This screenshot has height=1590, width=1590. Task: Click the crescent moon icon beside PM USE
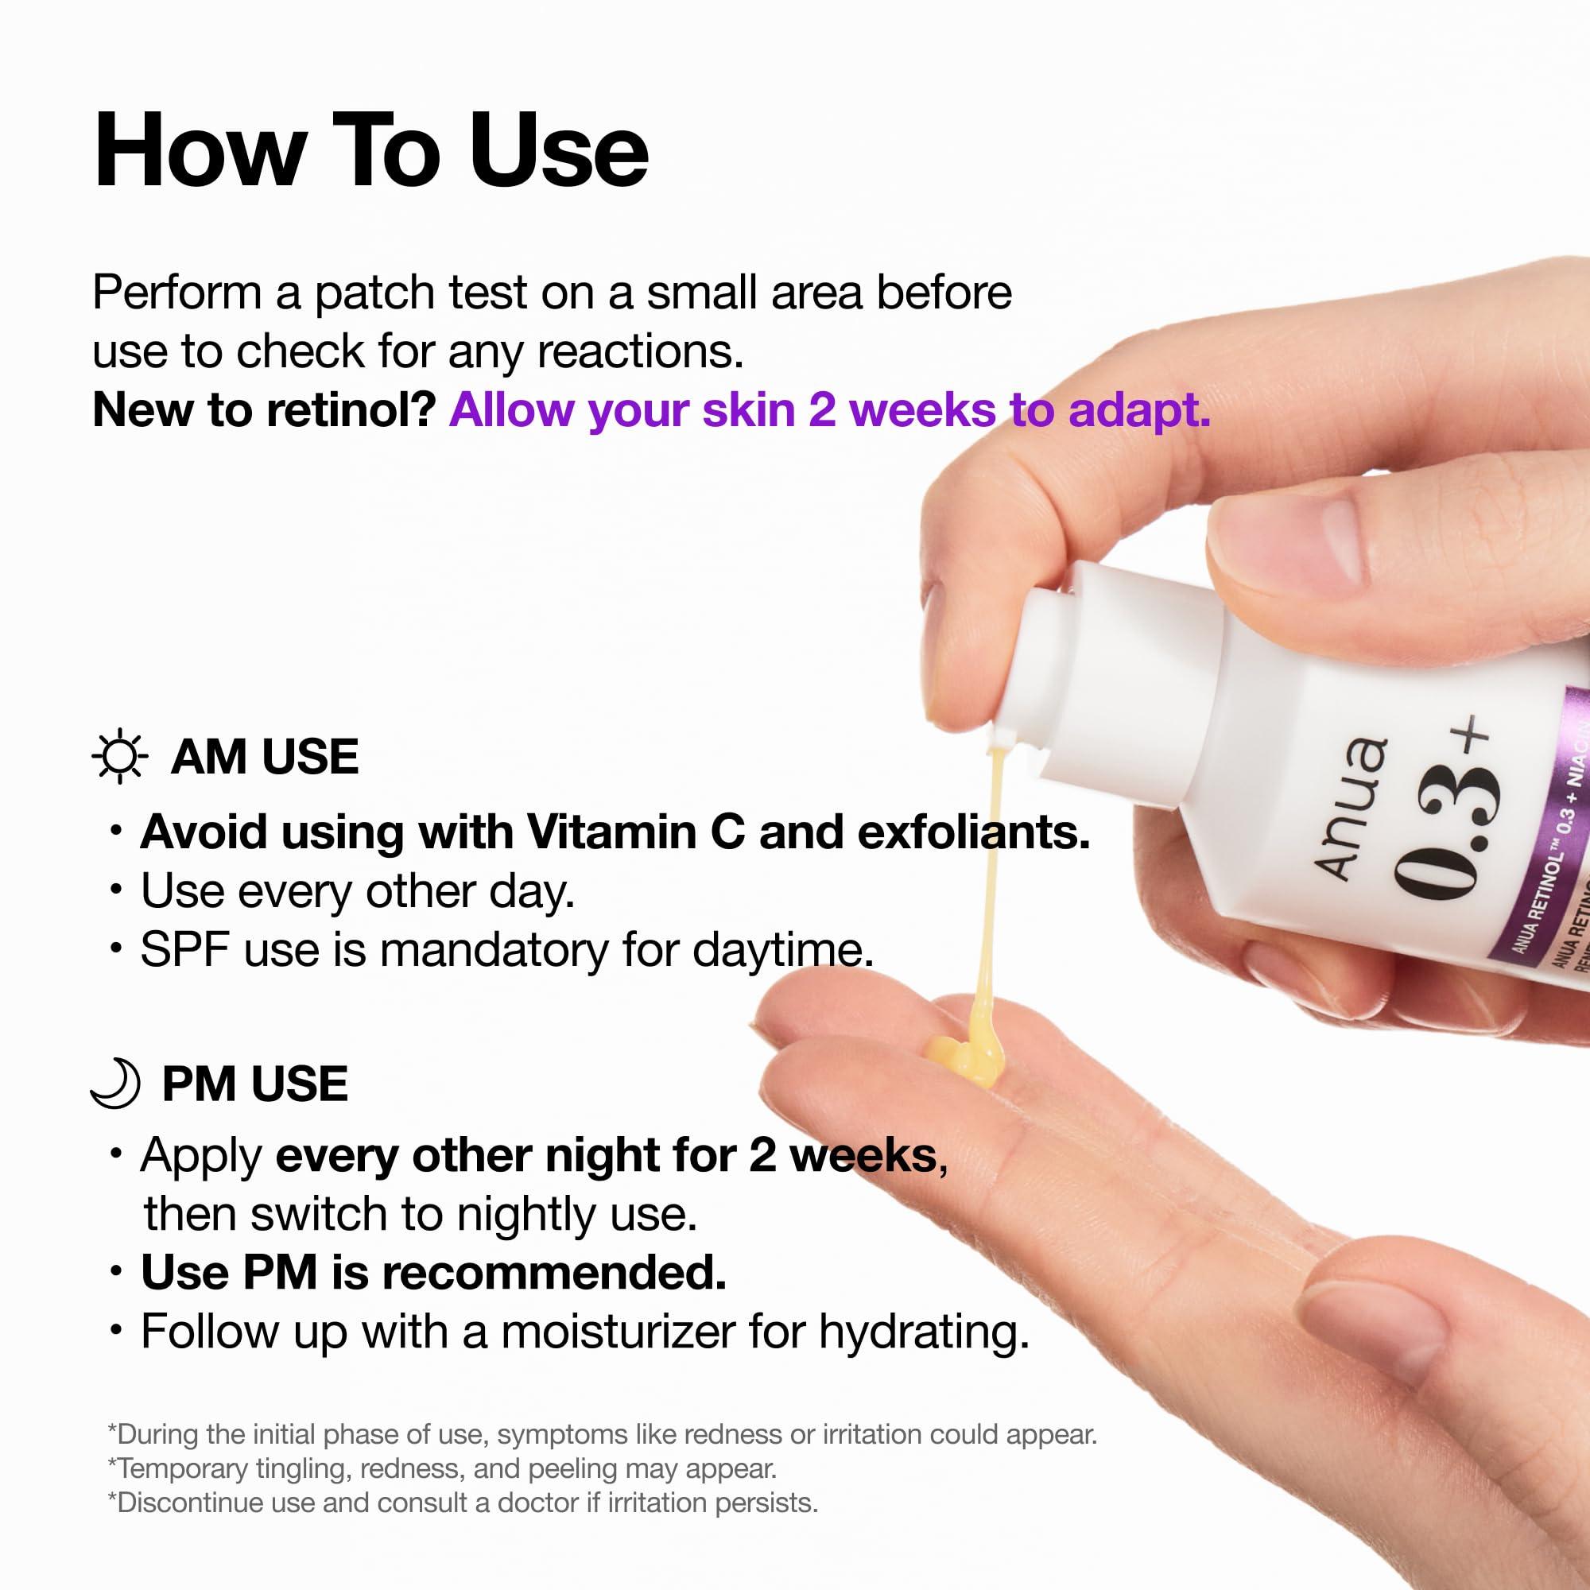(115, 1083)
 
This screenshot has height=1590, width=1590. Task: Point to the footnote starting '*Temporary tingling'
(442, 1468)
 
